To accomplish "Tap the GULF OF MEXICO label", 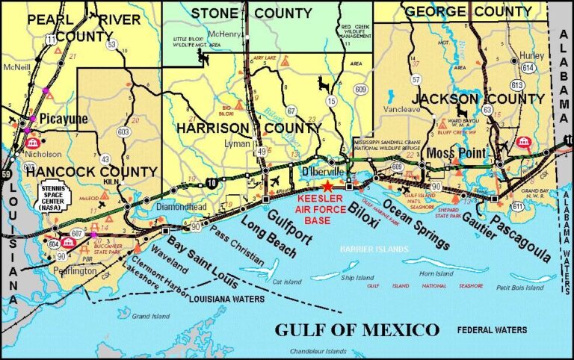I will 357,329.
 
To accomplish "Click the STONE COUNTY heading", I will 251,13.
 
